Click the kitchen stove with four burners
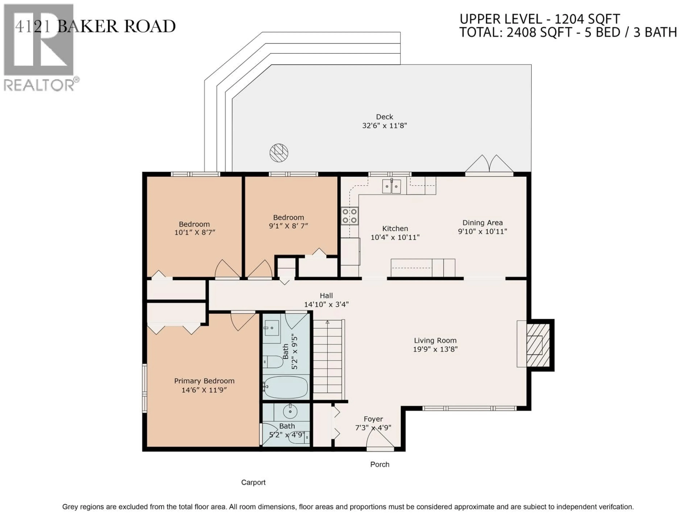[350, 216]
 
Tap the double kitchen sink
[391, 186]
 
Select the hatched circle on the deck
[279, 153]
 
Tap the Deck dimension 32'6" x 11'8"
[384, 126]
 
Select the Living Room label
[435, 340]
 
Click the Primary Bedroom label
[204, 381]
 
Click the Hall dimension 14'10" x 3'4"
[326, 304]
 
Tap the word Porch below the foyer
[380, 464]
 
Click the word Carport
[253, 482]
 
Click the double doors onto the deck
[489, 164]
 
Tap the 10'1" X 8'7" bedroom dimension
[194, 233]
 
